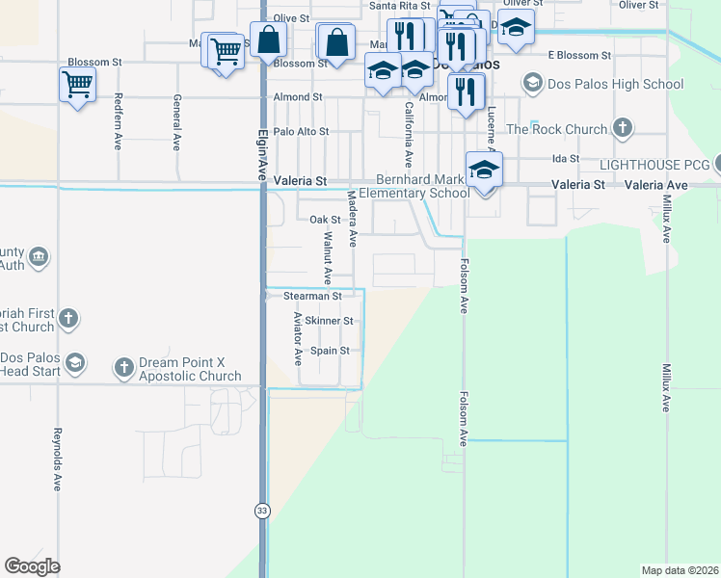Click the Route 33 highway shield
pyautogui.click(x=262, y=511)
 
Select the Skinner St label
pyautogui.click(x=329, y=321)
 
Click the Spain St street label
pyautogui.click(x=330, y=351)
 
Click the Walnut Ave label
pyautogui.click(x=328, y=257)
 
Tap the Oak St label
pyautogui.click(x=319, y=220)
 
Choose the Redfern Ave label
pyautogui.click(x=119, y=120)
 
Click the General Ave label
pyautogui.click(x=177, y=120)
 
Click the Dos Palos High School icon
pyautogui.click(x=531, y=84)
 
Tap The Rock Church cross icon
pyautogui.click(x=623, y=128)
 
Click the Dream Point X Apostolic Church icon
pyautogui.click(x=123, y=366)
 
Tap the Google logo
pyautogui.click(x=32, y=566)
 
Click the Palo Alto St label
pyautogui.click(x=301, y=131)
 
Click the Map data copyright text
pyautogui.click(x=680, y=570)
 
